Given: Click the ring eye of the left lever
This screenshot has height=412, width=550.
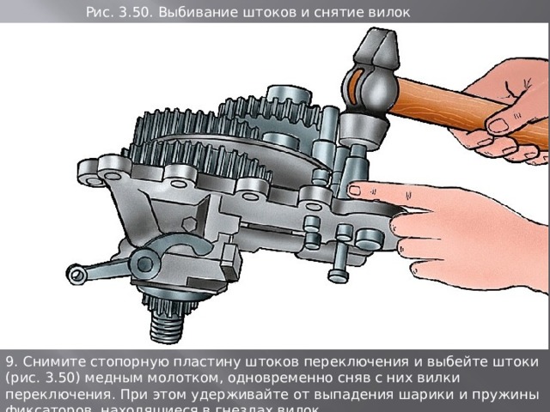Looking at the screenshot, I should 79,275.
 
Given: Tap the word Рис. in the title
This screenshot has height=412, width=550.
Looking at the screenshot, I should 101,11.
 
